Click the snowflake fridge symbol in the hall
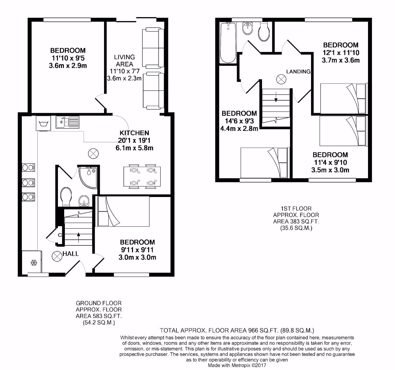click(33, 262)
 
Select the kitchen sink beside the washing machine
click(67, 122)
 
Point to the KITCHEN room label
click(134, 133)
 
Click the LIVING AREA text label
click(124, 61)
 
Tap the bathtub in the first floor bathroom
click(227, 43)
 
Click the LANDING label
click(298, 71)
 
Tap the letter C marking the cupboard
click(60, 235)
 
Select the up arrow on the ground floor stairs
click(78, 235)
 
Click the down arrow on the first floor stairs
click(276, 97)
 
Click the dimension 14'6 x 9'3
click(239, 121)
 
